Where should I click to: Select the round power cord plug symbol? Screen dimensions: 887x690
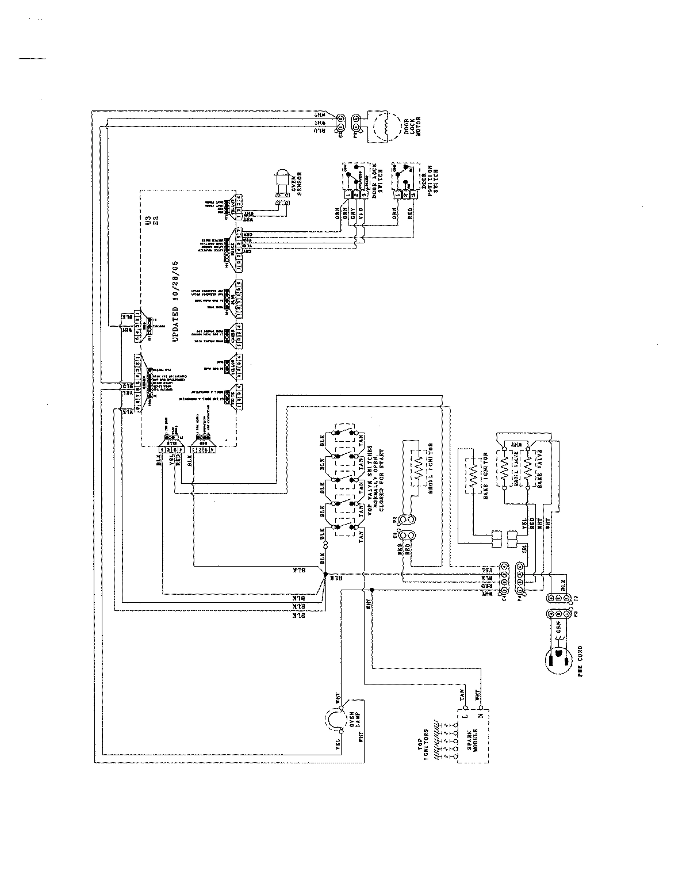[x=557, y=662]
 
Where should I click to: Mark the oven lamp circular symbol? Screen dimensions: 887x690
[x=332, y=720]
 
